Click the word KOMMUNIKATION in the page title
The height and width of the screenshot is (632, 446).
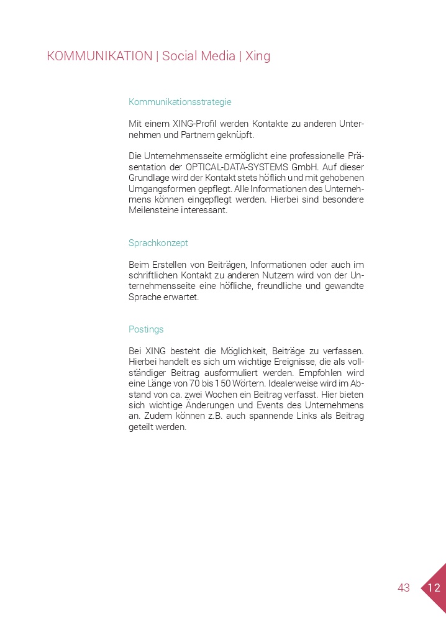99,56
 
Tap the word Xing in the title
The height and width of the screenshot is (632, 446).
258,56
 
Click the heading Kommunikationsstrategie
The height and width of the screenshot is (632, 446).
180,102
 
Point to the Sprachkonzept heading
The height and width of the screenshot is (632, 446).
158,243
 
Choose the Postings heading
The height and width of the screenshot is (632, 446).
146,329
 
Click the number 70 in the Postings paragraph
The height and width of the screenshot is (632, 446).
195,383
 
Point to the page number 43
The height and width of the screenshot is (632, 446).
404,588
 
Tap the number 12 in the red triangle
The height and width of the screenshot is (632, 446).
434,588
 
